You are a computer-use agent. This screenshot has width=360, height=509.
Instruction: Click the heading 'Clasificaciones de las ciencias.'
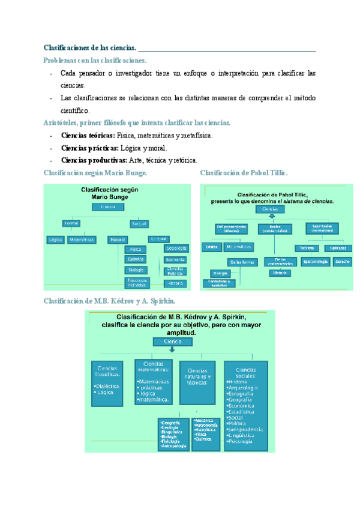pos(91,47)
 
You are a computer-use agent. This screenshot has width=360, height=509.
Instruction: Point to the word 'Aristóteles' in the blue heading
pos(62,122)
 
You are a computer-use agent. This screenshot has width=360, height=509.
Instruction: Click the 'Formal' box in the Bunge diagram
pos(71,224)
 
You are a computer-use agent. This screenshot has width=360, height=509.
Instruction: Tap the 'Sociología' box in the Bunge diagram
pos(176,248)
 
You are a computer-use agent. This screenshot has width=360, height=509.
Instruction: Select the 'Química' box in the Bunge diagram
pos(135,259)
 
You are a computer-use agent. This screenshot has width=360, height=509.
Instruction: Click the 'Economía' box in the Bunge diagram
pos(176,260)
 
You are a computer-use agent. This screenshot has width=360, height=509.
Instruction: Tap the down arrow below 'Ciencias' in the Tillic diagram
pos(274,217)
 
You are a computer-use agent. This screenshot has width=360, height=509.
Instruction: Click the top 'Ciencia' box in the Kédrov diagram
pos(172,342)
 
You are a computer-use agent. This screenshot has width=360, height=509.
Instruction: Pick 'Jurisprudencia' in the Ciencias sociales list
pos(245,430)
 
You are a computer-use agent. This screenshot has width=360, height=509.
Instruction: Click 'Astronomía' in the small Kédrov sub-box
pos(206,426)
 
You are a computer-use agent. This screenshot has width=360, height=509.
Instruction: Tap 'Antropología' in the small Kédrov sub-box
pos(175,446)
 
